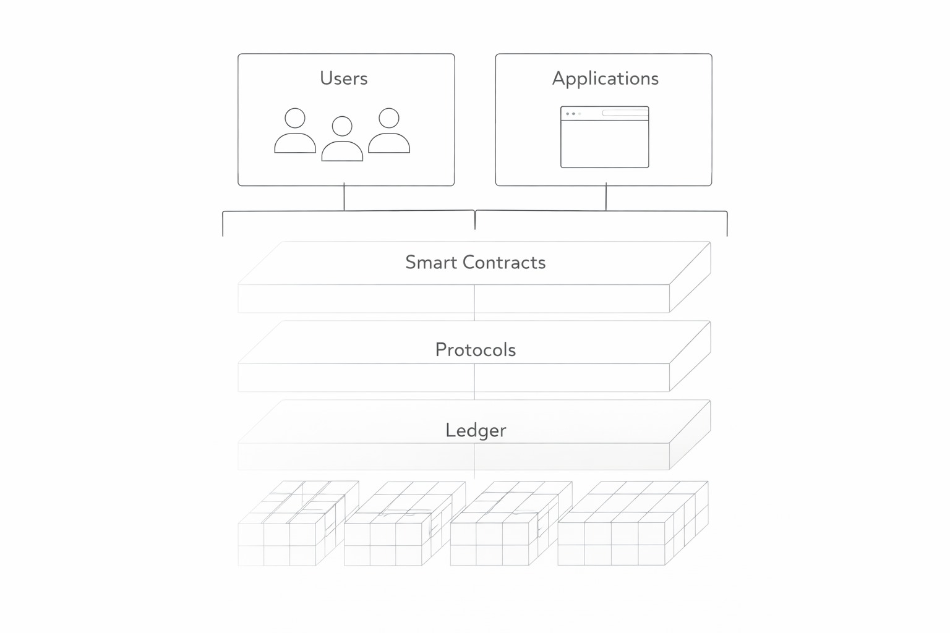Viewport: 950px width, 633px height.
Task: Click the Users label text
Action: click(343, 79)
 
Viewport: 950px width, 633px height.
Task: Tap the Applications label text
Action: click(605, 79)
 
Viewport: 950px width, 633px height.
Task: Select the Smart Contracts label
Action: click(475, 262)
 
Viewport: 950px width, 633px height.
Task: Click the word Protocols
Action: click(475, 350)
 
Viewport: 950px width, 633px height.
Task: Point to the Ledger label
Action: click(475, 430)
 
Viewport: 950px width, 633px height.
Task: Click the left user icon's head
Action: click(295, 118)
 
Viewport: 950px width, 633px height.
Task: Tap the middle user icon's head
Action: click(342, 126)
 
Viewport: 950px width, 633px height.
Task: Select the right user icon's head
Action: click(389, 118)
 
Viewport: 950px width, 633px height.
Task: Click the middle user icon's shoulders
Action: click(342, 152)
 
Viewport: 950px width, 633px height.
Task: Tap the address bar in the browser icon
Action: click(625, 113)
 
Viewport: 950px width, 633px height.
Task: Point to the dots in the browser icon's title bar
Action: click(573, 114)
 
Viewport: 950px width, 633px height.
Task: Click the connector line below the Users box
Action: click(344, 198)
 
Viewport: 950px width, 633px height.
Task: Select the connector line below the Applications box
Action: click(606, 198)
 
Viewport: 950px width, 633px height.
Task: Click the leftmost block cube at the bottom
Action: click(291, 529)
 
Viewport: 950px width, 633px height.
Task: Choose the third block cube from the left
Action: click(505, 529)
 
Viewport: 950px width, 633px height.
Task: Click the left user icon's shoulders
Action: click(295, 143)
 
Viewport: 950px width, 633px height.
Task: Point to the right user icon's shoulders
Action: click(389, 143)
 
